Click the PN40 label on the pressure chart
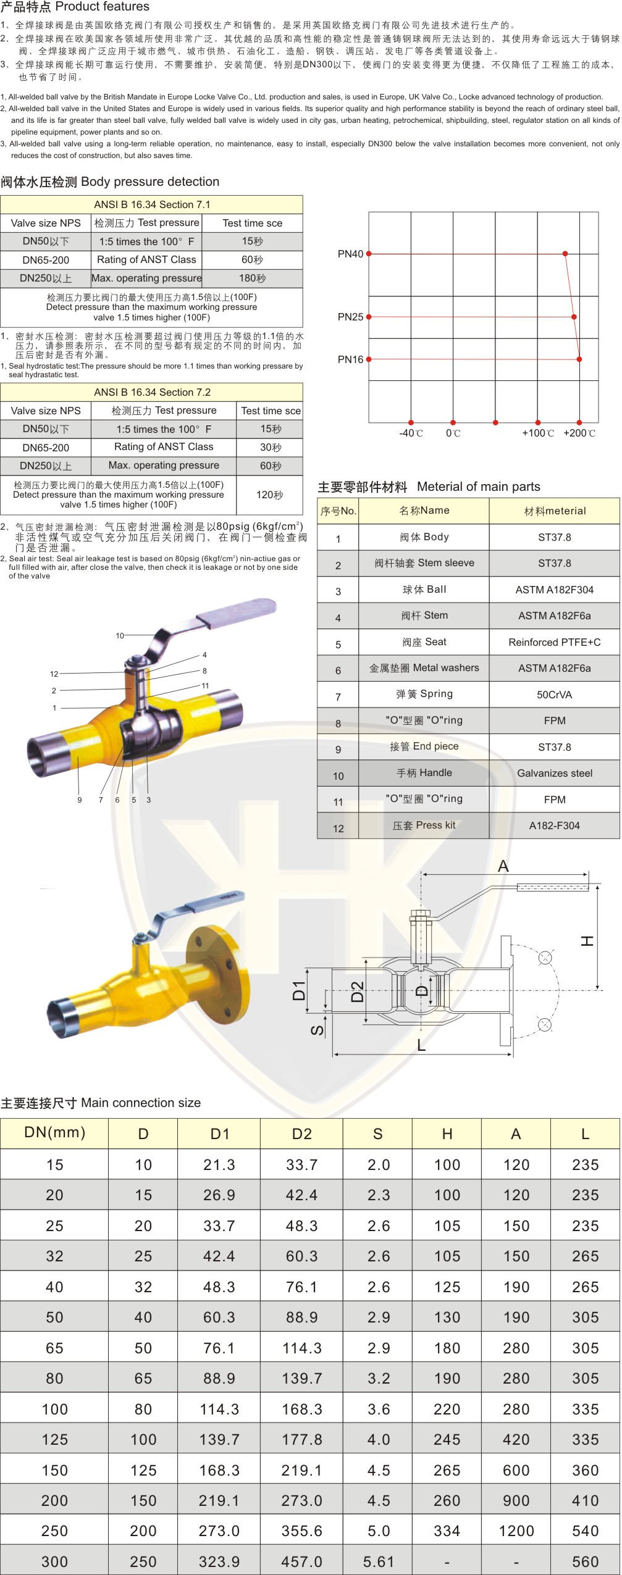tap(350, 254)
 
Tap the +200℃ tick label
tap(579, 433)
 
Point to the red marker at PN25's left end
tap(369, 317)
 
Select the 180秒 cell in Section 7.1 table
tap(253, 278)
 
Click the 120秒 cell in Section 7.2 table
tap(270, 495)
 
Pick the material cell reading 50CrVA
tap(555, 695)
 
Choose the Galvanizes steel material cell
tap(555, 773)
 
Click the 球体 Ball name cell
tap(424, 590)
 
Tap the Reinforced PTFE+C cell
tap(555, 642)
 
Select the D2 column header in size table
tap(302, 1134)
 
